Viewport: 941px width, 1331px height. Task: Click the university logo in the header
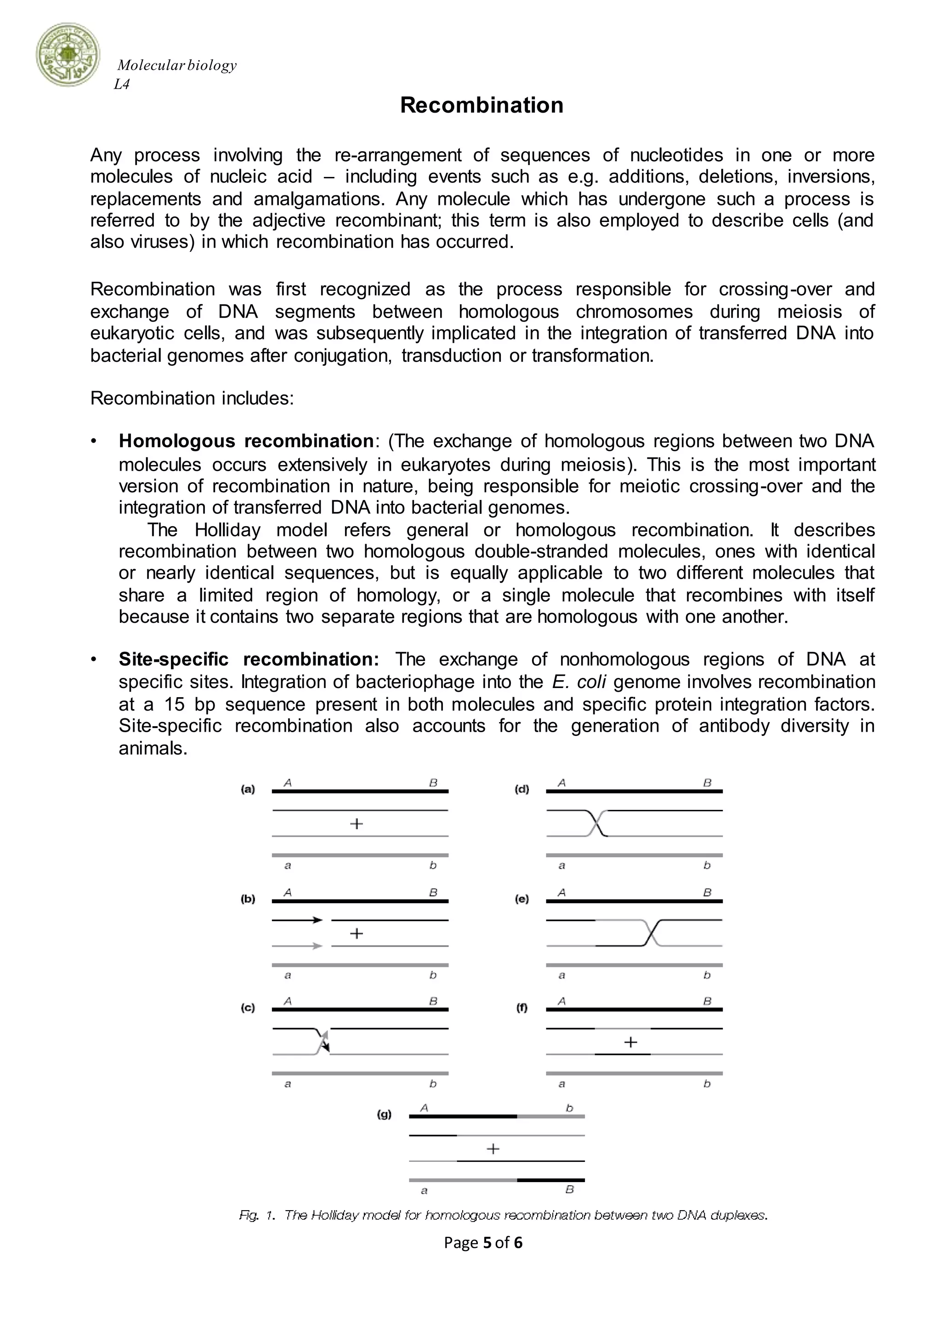pos(68,56)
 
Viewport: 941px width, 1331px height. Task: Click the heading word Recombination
pos(482,105)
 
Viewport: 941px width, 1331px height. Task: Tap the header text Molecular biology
pos(177,65)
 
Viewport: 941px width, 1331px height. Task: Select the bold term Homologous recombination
pos(246,441)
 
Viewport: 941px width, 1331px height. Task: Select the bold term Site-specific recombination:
pos(249,659)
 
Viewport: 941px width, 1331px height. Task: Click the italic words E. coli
pos(579,682)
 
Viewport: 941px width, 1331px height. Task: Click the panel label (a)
pos(248,790)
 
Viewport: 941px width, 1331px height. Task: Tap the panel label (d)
pos(522,790)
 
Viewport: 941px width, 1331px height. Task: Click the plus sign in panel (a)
pos(357,823)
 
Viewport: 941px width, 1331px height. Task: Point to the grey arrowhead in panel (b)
pos(317,946)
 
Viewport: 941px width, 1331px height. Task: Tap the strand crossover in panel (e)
pos(652,933)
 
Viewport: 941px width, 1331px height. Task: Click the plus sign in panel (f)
pos(630,1042)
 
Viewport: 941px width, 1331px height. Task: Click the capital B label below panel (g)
pos(570,1189)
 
